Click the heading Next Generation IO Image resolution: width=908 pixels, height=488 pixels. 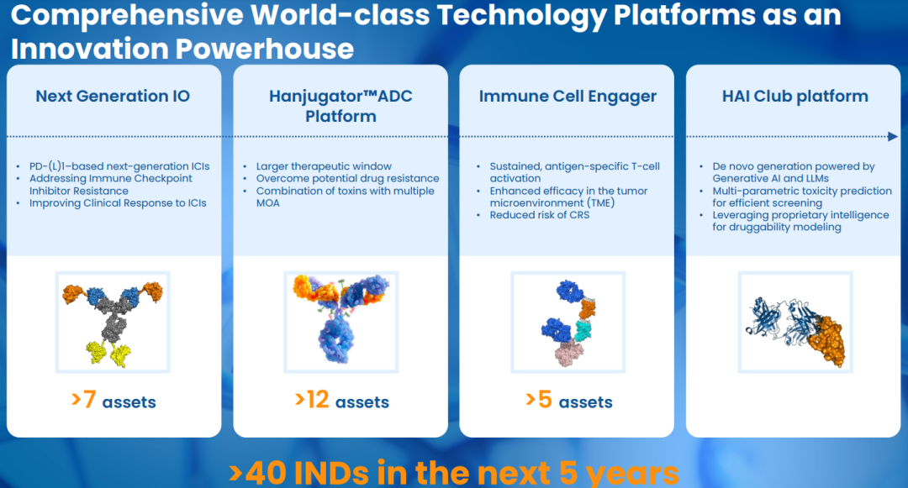click(113, 96)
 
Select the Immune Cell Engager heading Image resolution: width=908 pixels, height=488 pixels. click(567, 97)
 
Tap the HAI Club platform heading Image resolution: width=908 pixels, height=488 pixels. click(795, 97)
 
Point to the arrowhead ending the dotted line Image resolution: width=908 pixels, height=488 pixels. click(892, 136)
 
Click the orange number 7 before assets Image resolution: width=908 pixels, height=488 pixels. click(89, 400)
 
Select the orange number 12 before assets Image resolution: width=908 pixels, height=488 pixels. click(317, 400)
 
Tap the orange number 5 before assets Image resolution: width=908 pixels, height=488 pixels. click(545, 400)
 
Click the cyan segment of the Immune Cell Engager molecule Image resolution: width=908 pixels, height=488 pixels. click(583, 330)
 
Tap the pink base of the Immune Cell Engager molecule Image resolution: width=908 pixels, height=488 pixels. click(570, 353)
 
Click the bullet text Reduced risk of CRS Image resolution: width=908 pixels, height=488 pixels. click(540, 215)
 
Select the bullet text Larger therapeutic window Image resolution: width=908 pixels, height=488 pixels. click(324, 166)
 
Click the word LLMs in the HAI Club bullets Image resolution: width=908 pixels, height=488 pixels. click(816, 179)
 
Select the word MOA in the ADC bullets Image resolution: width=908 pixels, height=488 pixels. click(268, 203)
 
